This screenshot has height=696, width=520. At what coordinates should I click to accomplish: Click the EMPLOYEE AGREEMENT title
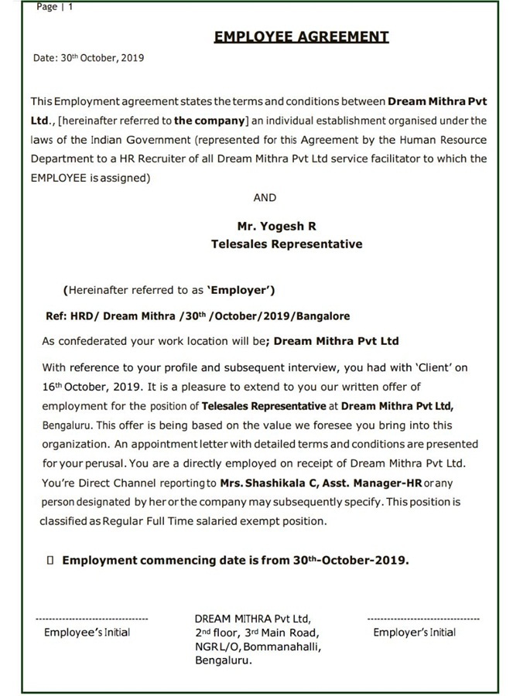[x=301, y=36]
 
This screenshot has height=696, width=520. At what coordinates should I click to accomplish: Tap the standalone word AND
[x=265, y=197]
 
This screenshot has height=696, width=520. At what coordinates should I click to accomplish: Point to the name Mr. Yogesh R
[x=276, y=227]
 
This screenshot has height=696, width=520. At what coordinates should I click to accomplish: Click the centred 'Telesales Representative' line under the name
[x=286, y=244]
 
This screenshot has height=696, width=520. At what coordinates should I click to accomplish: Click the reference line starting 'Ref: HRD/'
[x=198, y=316]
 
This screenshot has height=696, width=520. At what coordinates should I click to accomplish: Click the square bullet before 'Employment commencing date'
[x=50, y=561]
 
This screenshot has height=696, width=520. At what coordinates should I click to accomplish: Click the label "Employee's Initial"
[x=87, y=633]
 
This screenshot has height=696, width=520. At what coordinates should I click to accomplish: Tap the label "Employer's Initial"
[x=414, y=633]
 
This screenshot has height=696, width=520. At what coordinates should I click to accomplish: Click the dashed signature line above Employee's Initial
[x=92, y=619]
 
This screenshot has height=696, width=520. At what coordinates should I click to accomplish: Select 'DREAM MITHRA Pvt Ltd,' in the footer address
[x=252, y=619]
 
